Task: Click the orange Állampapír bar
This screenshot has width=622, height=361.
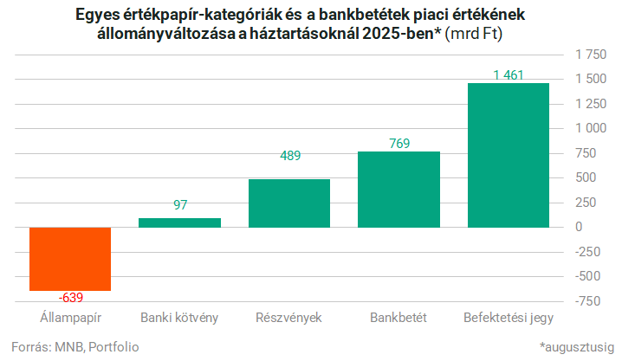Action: tap(70, 258)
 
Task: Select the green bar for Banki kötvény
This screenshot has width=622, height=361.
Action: tap(179, 222)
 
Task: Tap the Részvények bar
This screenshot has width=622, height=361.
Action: tap(288, 203)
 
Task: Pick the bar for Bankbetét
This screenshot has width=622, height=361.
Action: tap(398, 189)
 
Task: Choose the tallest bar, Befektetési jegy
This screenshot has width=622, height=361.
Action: tap(508, 155)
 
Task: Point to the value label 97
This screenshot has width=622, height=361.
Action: tap(180, 206)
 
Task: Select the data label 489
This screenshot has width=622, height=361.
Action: tap(289, 157)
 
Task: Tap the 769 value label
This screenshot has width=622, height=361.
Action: tap(398, 143)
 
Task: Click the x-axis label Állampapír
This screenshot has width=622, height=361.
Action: tap(70, 317)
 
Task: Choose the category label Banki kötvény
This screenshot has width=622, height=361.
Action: tap(179, 317)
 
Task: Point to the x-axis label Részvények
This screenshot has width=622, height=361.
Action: tap(288, 317)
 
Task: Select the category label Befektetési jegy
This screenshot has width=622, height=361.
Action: tap(509, 317)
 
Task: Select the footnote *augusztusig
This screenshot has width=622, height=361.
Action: tap(575, 346)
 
